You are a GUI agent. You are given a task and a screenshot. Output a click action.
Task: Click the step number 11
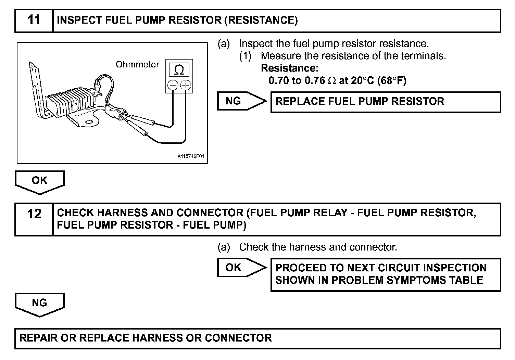(x=34, y=20)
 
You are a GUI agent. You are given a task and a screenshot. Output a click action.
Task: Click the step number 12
(x=34, y=215)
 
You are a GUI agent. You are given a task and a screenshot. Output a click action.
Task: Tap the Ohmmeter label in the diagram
(x=137, y=65)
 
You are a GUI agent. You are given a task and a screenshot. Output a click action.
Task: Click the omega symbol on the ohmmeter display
(x=179, y=70)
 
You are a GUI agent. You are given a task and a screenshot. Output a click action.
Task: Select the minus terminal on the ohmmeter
(x=173, y=85)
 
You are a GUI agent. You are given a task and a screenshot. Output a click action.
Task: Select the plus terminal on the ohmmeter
(x=186, y=85)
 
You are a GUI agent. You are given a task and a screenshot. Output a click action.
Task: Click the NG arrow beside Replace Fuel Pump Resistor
(x=240, y=101)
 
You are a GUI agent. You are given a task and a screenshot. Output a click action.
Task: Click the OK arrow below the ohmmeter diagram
(x=40, y=181)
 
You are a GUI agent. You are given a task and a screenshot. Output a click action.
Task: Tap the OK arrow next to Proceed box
(x=240, y=268)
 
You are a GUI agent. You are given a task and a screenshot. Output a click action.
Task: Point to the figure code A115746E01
(x=190, y=156)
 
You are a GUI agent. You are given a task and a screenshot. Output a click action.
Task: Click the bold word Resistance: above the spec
(x=290, y=68)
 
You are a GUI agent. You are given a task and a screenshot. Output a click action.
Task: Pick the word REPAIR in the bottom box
(x=38, y=338)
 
